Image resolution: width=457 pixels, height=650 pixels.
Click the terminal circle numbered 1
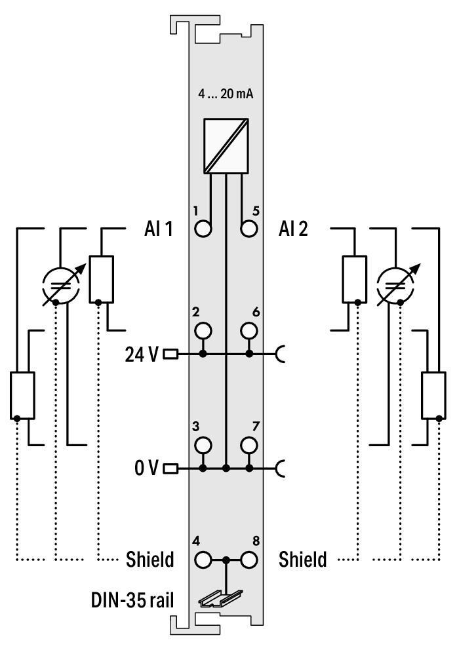click(x=203, y=229)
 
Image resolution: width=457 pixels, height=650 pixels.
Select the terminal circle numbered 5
click(x=248, y=229)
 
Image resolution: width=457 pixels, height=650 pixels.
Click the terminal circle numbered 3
click(x=203, y=444)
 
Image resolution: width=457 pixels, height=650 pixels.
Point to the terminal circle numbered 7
click(x=248, y=444)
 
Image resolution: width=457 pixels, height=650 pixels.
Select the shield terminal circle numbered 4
click(x=203, y=560)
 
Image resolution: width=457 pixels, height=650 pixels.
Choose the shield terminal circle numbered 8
click(x=248, y=560)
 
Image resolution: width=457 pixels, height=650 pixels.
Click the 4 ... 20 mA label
click(x=226, y=94)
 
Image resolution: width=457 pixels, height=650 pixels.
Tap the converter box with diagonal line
click(x=226, y=146)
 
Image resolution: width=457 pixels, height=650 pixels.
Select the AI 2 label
click(x=294, y=229)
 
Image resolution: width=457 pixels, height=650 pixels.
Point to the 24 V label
click(x=142, y=354)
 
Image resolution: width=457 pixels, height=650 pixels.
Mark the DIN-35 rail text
click(x=132, y=599)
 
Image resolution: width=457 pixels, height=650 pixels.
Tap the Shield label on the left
click(x=149, y=560)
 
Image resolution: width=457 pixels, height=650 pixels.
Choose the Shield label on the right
click(x=302, y=560)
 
